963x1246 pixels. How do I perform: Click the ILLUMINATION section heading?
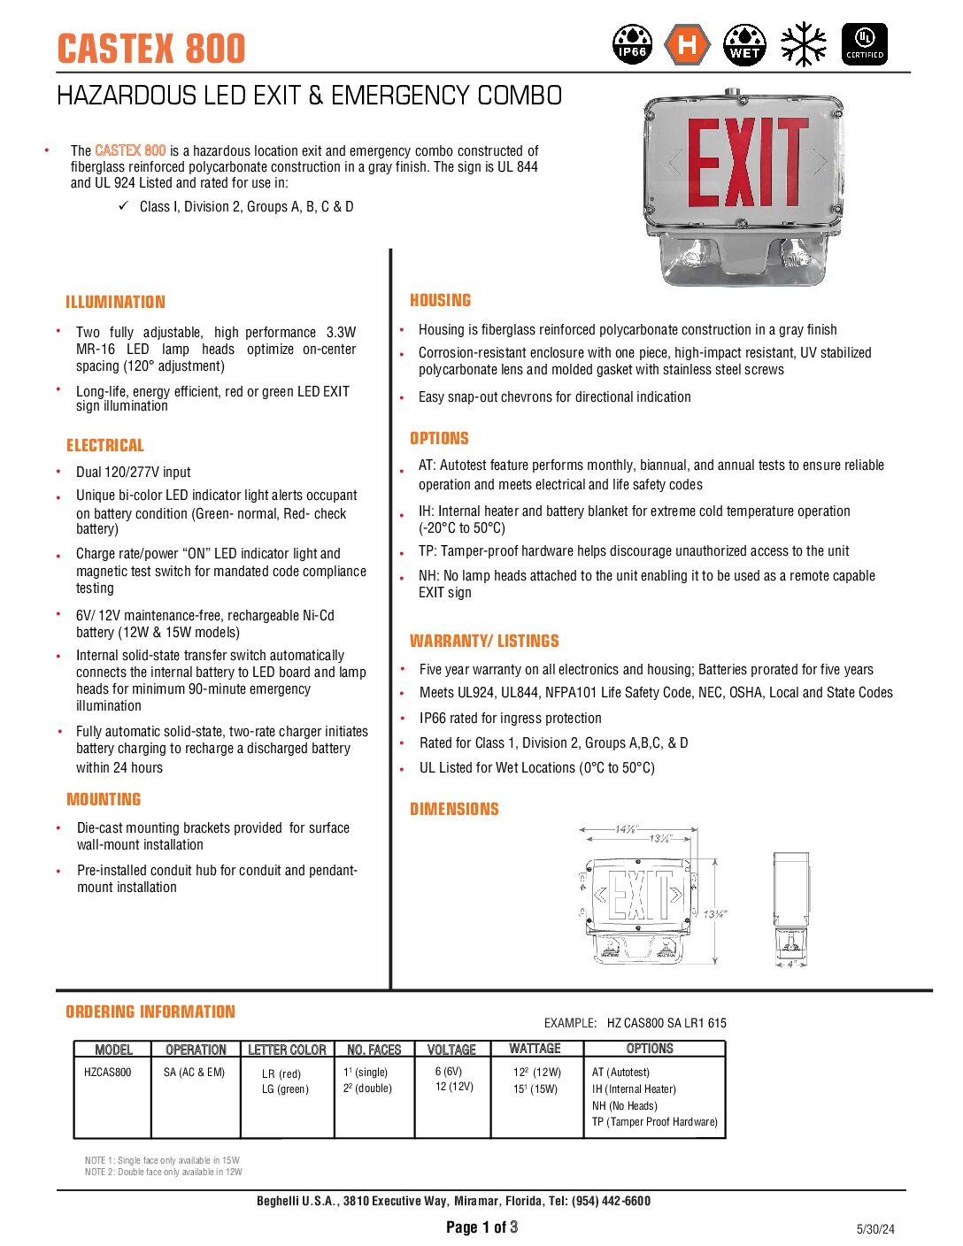click(x=115, y=302)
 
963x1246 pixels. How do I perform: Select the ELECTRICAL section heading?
click(x=104, y=445)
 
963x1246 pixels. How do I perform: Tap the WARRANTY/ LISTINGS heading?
click(x=484, y=641)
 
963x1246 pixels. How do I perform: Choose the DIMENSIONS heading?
click(x=454, y=809)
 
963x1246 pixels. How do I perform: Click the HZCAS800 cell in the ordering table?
click(x=107, y=1073)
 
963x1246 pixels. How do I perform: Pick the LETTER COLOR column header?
click(x=287, y=1050)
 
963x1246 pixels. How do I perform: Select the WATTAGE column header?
click(x=535, y=1049)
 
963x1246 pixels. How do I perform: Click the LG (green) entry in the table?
click(x=285, y=1089)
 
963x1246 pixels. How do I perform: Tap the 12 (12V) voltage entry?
click(x=454, y=1087)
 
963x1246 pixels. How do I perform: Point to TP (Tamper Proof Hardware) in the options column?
click(x=654, y=1122)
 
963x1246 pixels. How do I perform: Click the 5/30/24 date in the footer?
click(x=875, y=1228)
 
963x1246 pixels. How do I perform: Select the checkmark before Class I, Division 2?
click(x=124, y=206)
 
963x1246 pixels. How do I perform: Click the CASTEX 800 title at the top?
click(x=151, y=48)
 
